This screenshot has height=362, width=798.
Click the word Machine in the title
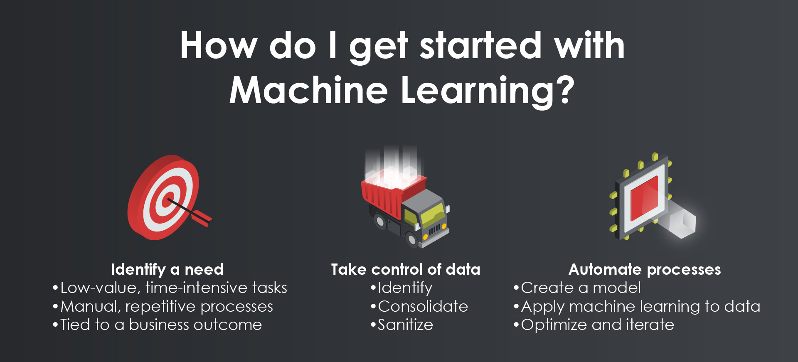[308, 90]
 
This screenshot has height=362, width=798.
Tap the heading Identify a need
[167, 270]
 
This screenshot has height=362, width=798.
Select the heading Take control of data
[406, 269]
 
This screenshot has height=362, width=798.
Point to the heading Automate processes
[645, 270]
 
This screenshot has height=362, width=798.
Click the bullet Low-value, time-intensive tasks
[170, 288]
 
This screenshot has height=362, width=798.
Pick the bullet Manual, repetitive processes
[163, 307]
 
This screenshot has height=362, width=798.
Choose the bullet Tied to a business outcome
[158, 325]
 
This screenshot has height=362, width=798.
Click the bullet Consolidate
[419, 306]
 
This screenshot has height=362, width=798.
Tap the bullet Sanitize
[402, 325]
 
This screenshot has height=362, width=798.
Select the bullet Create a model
[577, 288]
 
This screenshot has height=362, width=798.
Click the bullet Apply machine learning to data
[637, 307]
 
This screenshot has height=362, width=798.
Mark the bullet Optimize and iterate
[594, 325]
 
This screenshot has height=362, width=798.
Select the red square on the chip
[644, 198]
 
